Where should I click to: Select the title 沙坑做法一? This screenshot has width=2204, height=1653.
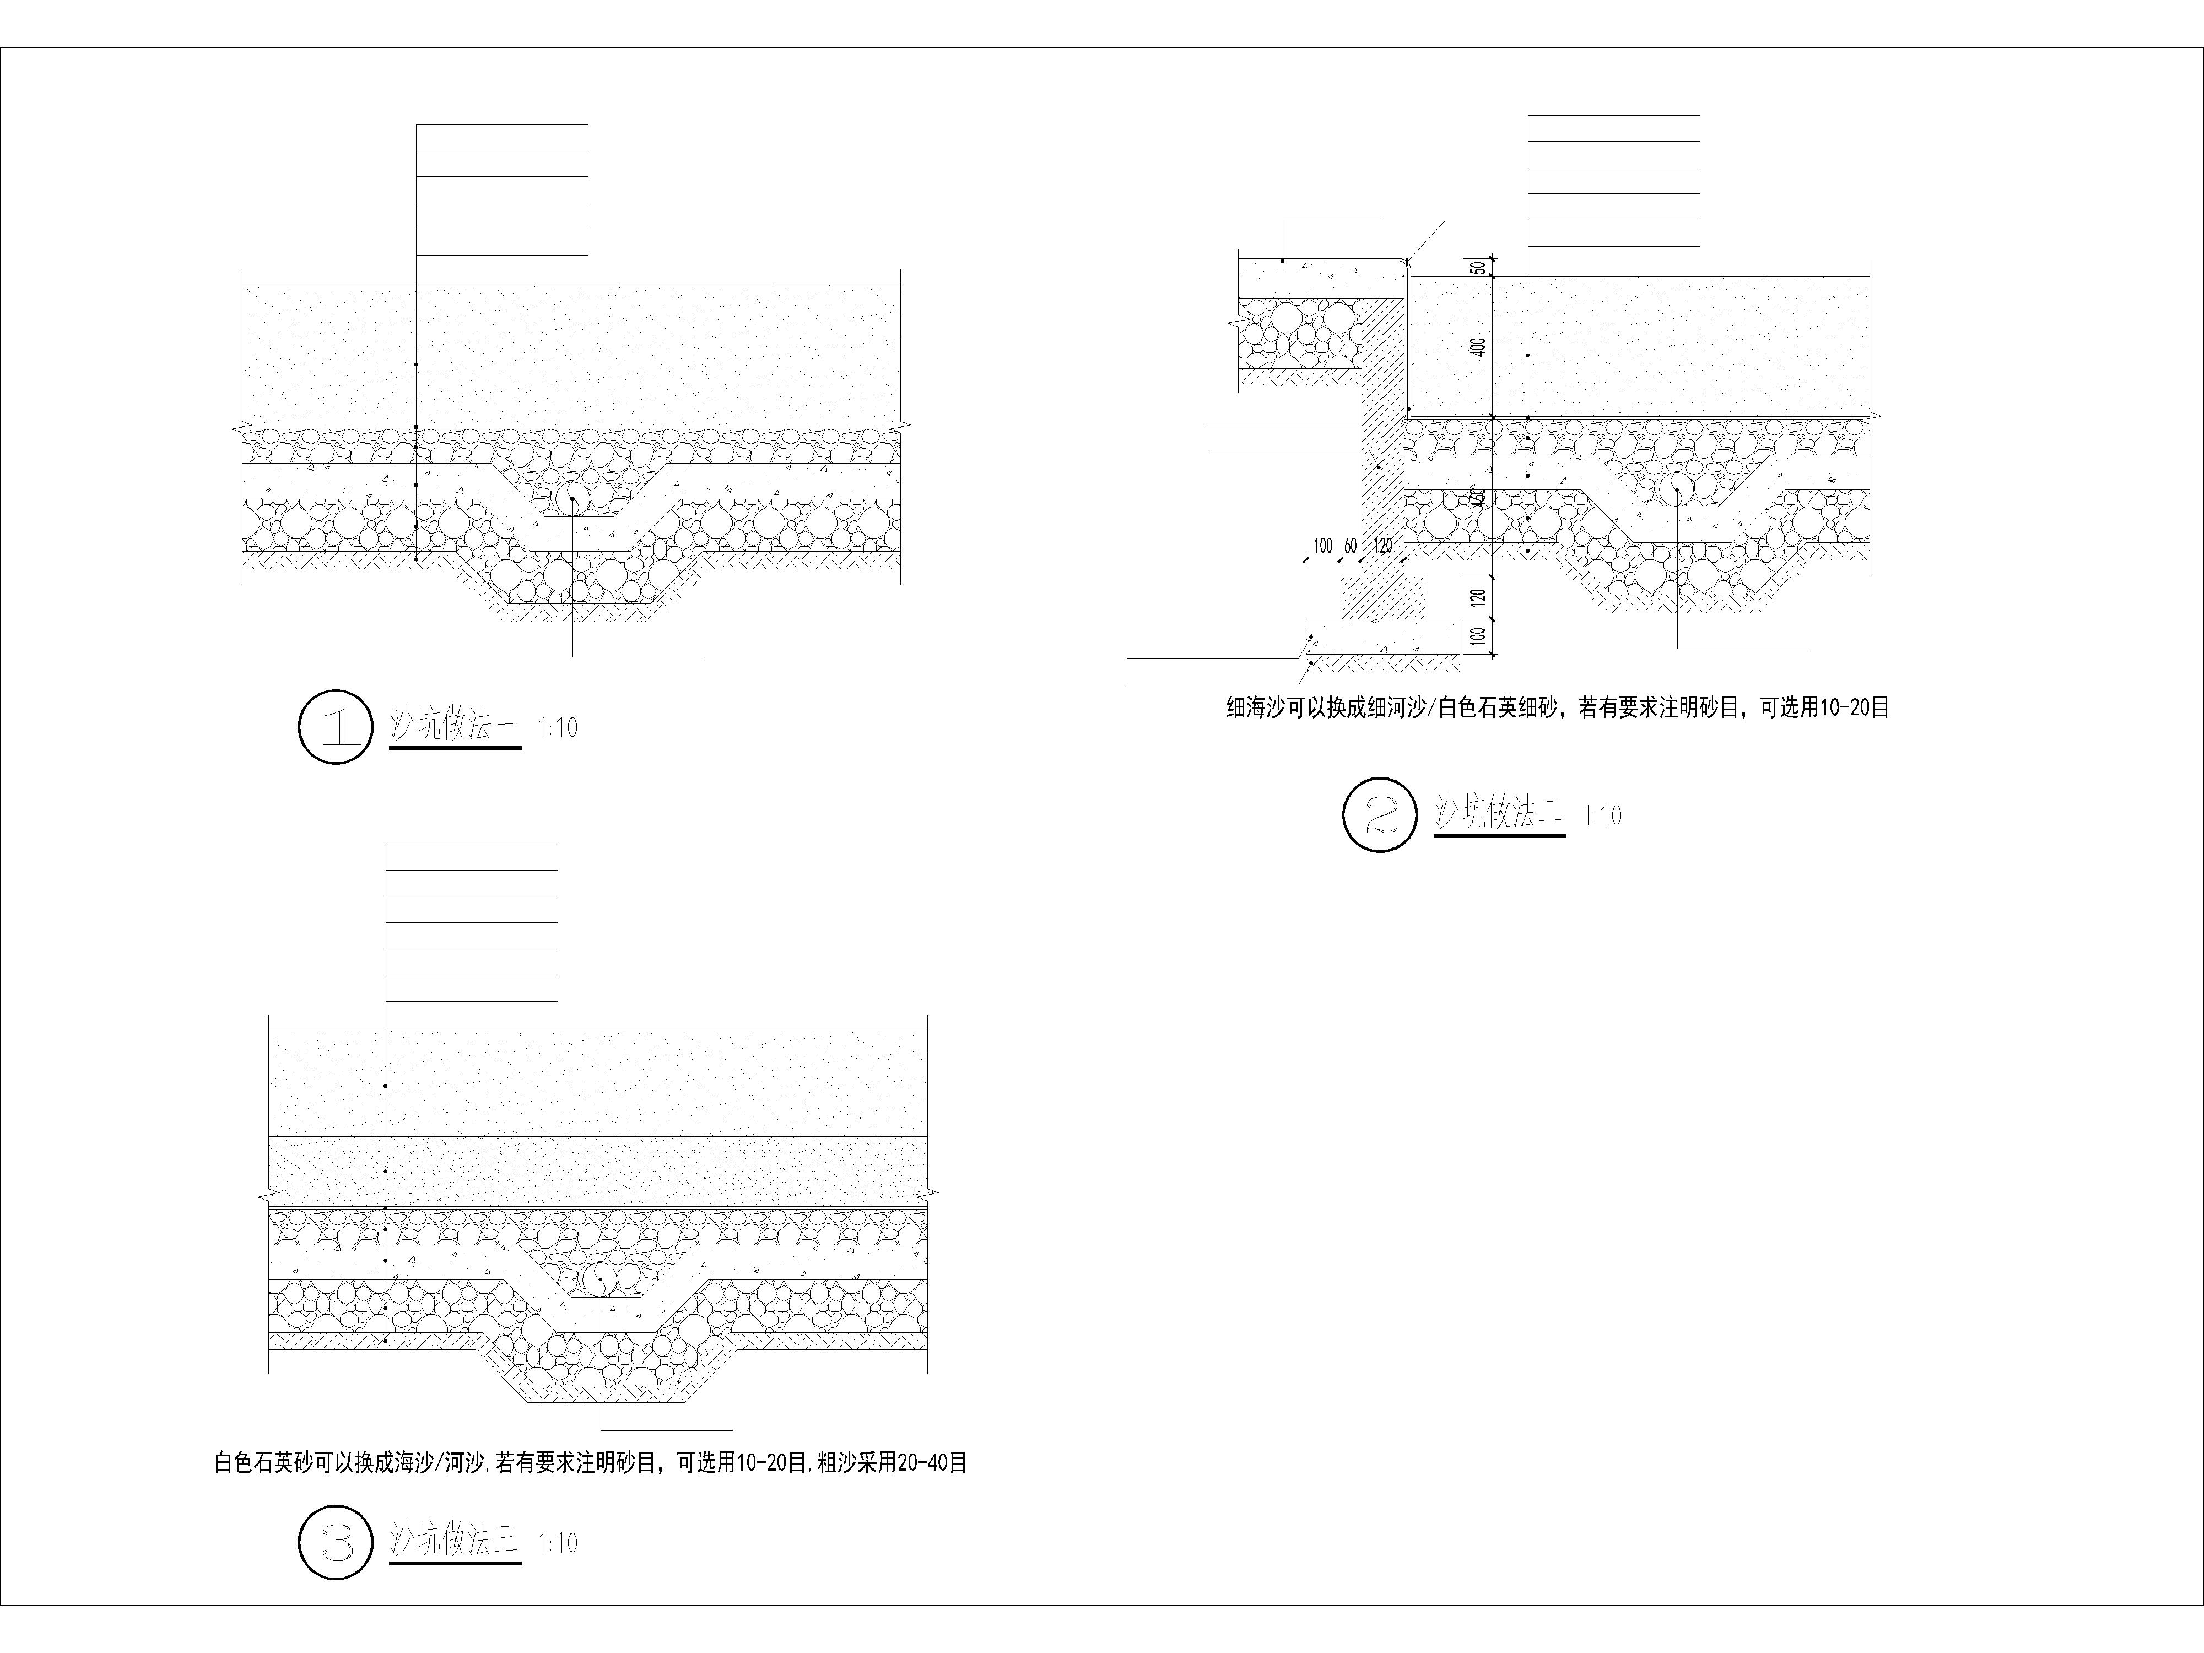(x=455, y=725)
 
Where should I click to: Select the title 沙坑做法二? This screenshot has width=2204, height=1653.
(x=1499, y=813)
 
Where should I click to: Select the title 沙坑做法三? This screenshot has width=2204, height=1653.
(x=455, y=1541)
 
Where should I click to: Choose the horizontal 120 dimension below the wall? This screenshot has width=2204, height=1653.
(x=1383, y=546)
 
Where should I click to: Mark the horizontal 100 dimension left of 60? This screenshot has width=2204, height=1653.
(x=1322, y=546)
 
